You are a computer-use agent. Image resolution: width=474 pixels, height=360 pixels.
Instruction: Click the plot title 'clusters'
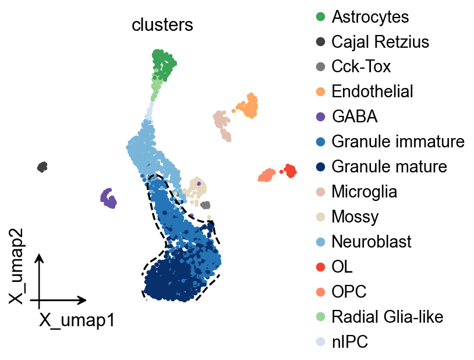(x=162, y=25)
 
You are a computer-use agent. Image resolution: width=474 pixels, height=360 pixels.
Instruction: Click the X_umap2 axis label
(x=17, y=278)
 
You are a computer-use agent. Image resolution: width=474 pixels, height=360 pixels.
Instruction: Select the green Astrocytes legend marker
(x=320, y=17)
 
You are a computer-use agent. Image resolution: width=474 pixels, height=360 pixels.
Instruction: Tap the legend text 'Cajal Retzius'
(x=380, y=42)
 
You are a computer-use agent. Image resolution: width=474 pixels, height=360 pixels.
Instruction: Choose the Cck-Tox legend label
(x=361, y=66)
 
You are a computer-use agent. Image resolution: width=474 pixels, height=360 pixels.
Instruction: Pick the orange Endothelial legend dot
(x=320, y=91)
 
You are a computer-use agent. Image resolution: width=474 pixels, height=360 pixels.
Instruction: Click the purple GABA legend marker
(x=320, y=117)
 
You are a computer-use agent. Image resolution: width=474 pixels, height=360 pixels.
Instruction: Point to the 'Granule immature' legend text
(x=398, y=142)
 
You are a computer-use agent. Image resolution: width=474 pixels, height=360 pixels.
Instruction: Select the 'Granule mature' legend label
(x=389, y=167)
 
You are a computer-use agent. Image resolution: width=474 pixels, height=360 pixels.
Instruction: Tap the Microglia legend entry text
(x=364, y=191)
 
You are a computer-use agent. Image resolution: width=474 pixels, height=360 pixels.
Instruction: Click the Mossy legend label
(x=355, y=217)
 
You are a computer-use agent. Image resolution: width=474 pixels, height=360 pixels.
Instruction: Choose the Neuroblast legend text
(x=372, y=241)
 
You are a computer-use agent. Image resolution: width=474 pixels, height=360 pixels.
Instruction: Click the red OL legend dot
(x=320, y=266)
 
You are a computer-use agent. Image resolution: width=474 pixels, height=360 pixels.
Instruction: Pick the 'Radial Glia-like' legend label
(x=387, y=316)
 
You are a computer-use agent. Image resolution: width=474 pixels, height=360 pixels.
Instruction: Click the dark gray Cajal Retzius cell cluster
(x=42, y=167)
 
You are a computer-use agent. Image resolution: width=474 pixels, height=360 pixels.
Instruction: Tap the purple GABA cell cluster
(x=108, y=198)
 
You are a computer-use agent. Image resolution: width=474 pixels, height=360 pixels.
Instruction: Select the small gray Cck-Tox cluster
(x=205, y=204)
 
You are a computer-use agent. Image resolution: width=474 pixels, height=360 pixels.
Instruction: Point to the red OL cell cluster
(x=289, y=171)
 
